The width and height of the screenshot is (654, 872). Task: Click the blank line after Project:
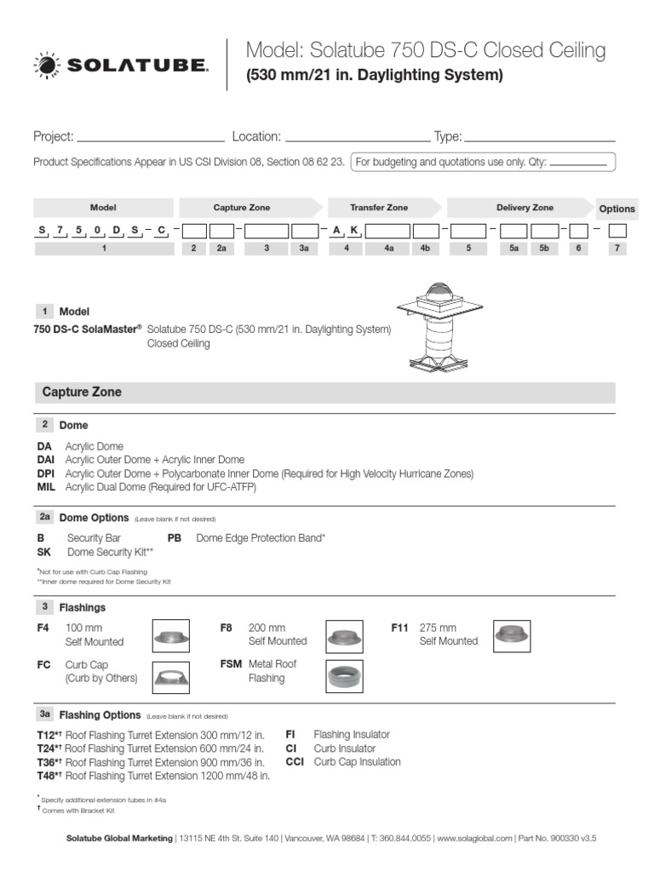pyautogui.click(x=150, y=138)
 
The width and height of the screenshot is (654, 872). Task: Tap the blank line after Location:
pyautogui.click(x=357, y=138)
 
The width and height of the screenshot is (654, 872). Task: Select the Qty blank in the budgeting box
pyautogui.click(x=578, y=163)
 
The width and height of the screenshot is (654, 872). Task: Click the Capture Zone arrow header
pyautogui.click(x=249, y=208)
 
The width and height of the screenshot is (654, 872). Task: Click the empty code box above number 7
pyautogui.click(x=617, y=231)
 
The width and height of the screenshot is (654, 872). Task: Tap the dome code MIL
pyautogui.click(x=46, y=487)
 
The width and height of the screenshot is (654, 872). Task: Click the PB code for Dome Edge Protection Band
pyautogui.click(x=175, y=538)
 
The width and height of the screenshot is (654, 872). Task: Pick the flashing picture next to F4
pyautogui.click(x=170, y=635)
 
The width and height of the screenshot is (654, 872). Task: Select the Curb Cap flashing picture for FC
pyautogui.click(x=170, y=677)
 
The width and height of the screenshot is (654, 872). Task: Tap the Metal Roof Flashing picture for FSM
pyautogui.click(x=345, y=676)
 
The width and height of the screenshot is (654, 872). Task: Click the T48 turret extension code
pyautogui.click(x=49, y=776)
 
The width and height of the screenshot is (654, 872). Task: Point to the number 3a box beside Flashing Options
pyautogui.click(x=45, y=715)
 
